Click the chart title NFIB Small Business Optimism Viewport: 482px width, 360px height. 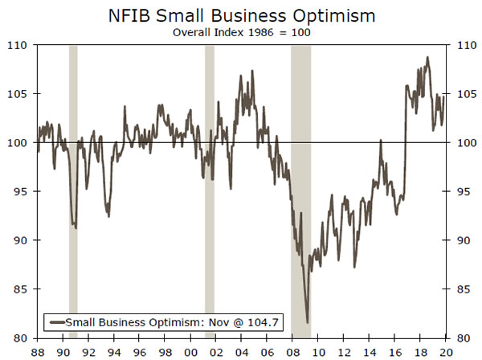click(x=242, y=15)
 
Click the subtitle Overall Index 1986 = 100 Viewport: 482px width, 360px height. click(x=242, y=33)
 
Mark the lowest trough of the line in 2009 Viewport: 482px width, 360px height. click(x=307, y=322)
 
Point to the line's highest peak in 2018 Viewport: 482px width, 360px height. click(x=427, y=57)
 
